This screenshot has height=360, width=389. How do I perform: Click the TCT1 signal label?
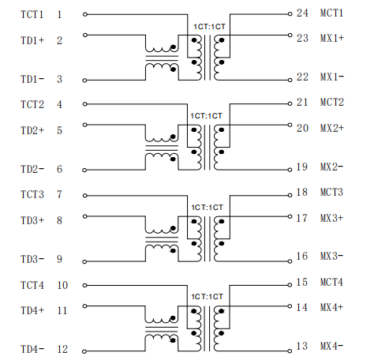click(32, 14)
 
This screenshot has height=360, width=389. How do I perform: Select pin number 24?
click(302, 13)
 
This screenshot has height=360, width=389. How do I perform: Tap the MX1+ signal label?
click(332, 38)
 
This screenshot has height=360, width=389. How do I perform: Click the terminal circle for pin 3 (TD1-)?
click(84, 81)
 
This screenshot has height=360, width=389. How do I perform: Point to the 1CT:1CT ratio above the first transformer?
click(209, 27)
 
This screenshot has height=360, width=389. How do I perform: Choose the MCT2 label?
click(331, 102)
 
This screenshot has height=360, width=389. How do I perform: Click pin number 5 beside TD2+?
click(60, 130)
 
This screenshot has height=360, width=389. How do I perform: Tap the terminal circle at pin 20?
click(290, 125)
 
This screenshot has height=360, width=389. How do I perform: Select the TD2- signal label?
click(32, 169)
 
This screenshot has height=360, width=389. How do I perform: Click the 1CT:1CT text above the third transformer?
click(207, 208)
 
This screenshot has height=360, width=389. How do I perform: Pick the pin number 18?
click(302, 192)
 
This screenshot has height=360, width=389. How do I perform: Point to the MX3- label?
click(331, 256)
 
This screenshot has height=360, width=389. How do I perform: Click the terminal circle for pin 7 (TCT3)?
click(84, 196)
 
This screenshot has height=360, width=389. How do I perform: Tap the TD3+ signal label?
click(32, 220)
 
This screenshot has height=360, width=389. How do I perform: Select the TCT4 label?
click(32, 285)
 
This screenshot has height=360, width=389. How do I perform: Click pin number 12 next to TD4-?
click(62, 350)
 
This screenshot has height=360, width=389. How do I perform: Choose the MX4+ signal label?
click(331, 307)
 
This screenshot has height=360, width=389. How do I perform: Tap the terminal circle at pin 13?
click(290, 351)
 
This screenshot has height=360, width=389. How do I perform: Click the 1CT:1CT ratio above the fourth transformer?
click(207, 297)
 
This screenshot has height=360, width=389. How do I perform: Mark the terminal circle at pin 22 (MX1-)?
click(290, 81)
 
